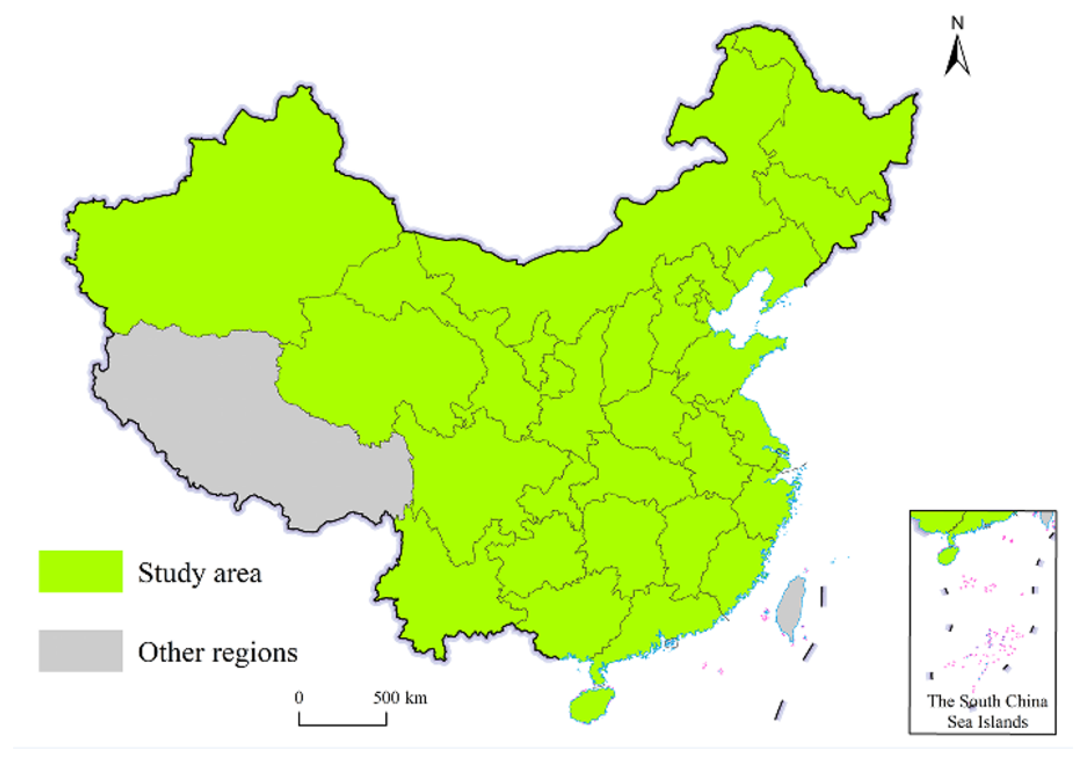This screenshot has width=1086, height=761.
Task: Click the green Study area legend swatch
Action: click(80, 571)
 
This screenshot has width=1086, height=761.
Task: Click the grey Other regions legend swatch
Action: click(80, 650)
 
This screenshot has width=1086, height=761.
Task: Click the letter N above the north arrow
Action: click(957, 23)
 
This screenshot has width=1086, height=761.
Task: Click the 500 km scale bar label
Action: click(400, 698)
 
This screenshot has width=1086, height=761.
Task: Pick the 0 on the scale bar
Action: click(299, 698)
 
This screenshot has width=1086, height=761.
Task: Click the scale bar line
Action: click(343, 724)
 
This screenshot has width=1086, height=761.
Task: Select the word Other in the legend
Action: click(166, 653)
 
